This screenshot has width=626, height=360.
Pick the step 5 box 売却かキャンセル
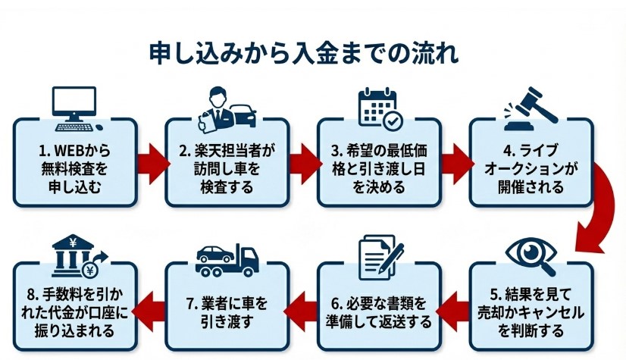tap(530, 309)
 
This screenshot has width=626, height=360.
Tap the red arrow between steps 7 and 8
tap(152, 307)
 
